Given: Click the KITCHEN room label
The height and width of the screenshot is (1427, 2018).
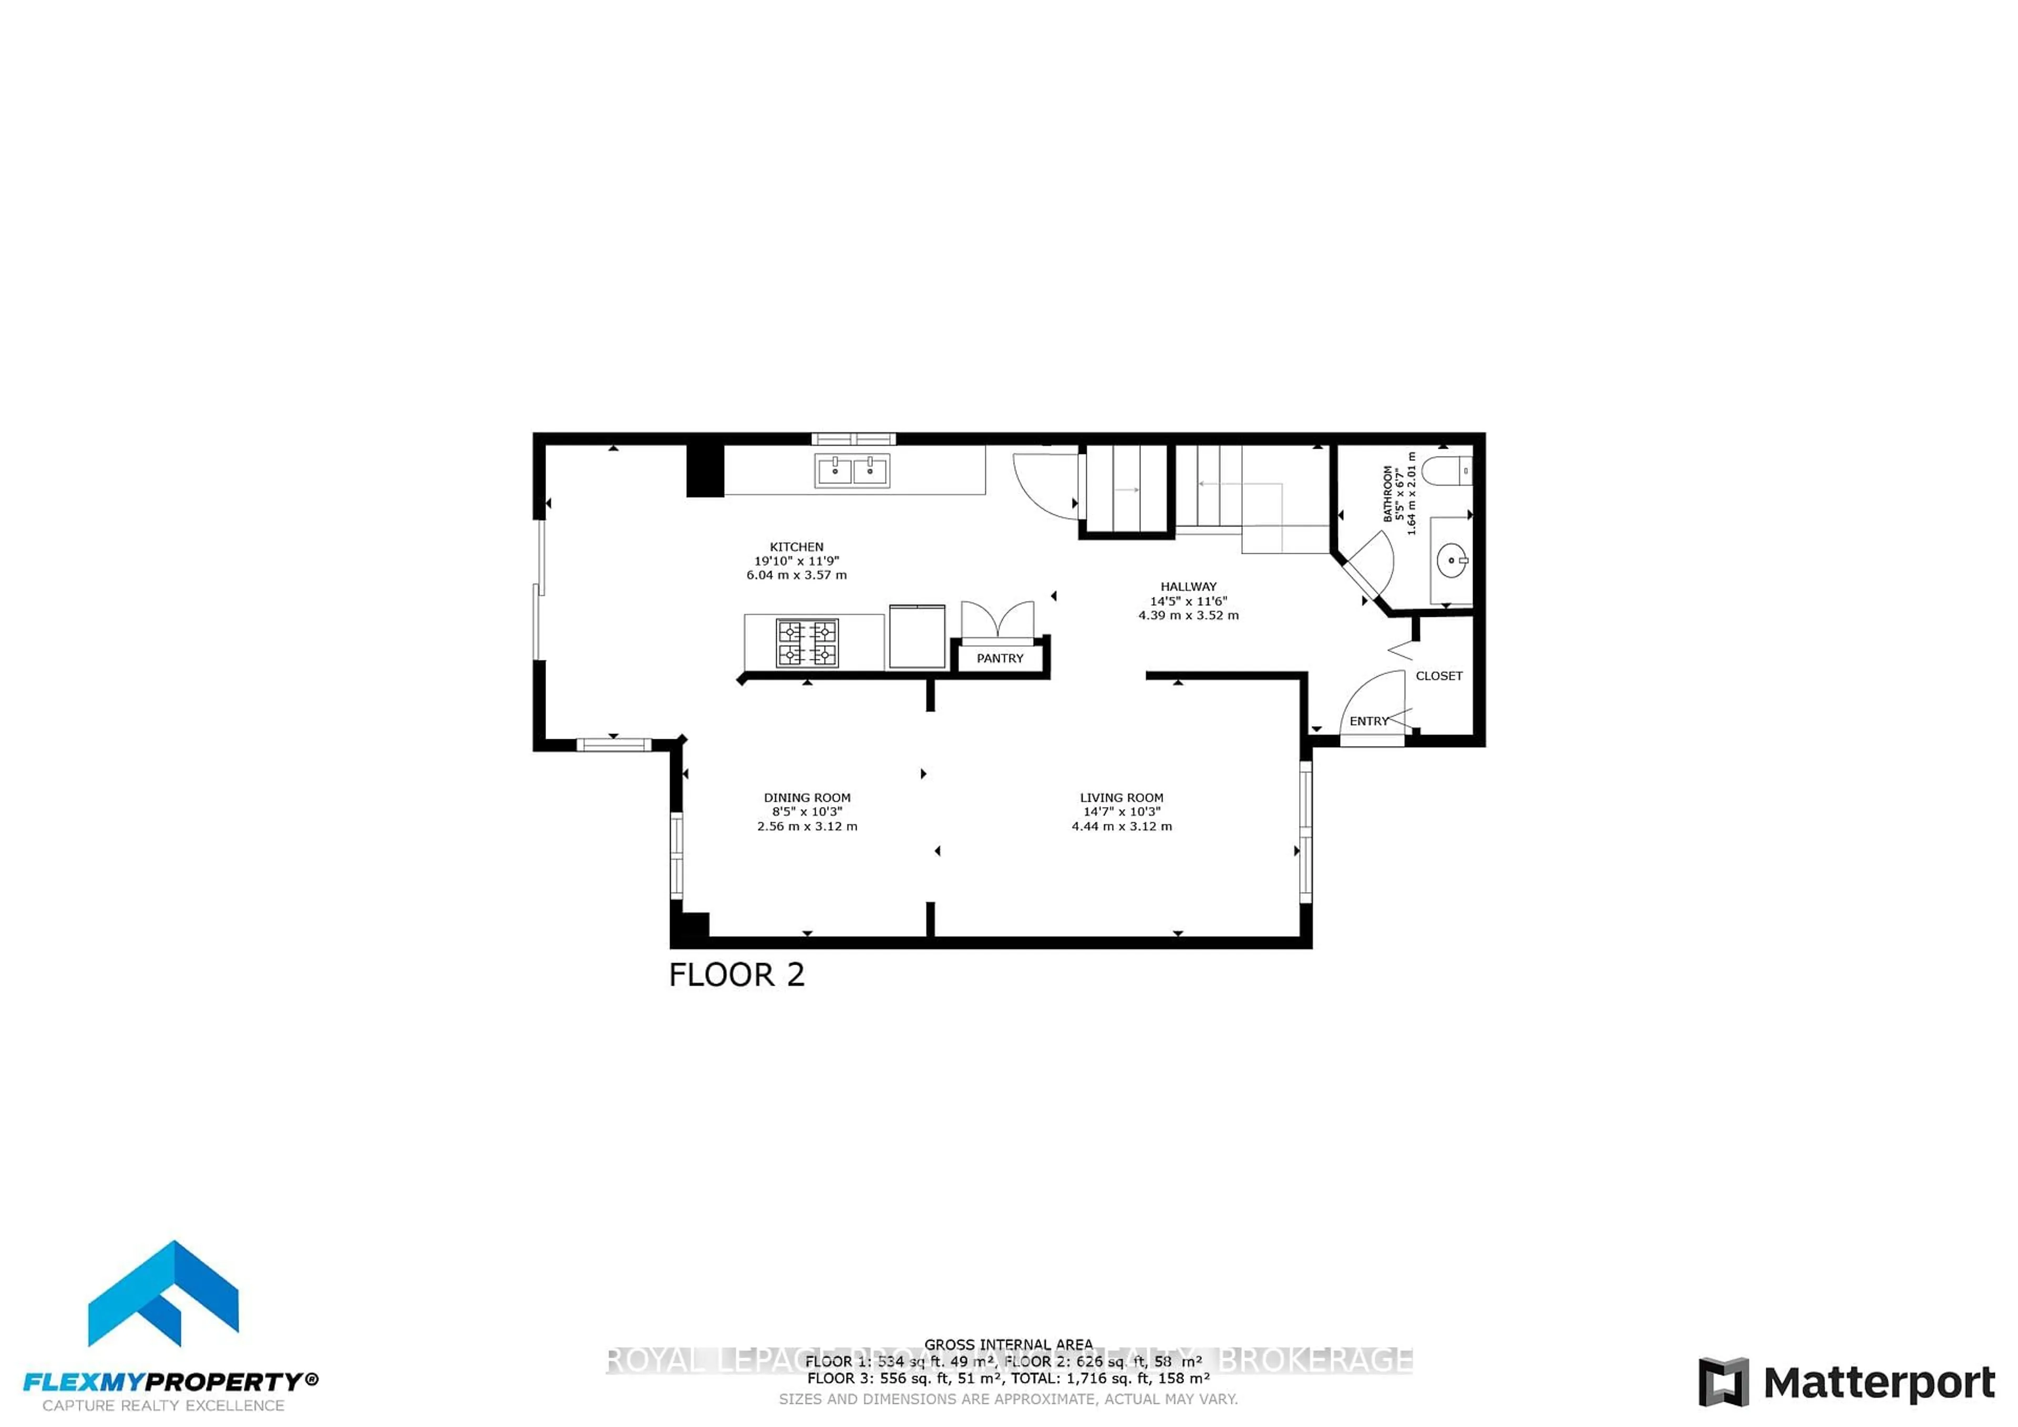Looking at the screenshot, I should (796, 546).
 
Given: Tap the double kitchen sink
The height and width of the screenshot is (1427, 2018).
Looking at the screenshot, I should (852, 471).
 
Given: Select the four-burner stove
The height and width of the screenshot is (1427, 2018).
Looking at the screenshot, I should (807, 643).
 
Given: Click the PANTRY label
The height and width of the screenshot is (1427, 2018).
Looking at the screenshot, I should (1000, 658).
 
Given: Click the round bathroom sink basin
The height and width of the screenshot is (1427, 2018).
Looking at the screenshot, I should (1452, 560).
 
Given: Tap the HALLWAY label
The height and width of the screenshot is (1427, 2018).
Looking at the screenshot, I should (1188, 586).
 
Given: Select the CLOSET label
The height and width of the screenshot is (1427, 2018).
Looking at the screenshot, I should (1439, 676).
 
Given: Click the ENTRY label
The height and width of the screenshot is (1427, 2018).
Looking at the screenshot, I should (1368, 720).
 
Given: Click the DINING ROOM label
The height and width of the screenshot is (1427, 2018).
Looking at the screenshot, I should (807, 798).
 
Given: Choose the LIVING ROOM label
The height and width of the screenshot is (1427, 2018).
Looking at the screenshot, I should (1121, 798).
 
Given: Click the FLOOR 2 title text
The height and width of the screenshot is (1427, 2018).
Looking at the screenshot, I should (737, 975).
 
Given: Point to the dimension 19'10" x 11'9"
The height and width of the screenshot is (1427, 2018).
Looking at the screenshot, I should (796, 561).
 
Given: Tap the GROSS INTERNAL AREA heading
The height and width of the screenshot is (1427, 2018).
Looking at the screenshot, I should (1008, 1345).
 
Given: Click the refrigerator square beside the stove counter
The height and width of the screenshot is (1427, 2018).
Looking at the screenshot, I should (917, 637).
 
